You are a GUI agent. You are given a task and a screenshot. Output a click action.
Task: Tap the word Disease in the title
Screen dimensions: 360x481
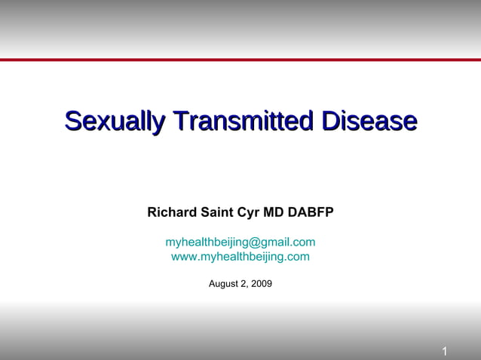369,121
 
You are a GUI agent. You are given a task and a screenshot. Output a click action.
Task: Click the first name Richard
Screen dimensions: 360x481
172,212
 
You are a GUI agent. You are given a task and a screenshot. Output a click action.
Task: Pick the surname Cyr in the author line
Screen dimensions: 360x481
249,212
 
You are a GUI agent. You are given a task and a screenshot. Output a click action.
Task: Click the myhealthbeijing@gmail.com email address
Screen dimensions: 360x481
240,242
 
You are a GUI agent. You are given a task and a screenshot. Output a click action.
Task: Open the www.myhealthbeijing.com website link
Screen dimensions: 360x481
240,257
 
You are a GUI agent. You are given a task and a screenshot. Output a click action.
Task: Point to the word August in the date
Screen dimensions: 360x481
224,284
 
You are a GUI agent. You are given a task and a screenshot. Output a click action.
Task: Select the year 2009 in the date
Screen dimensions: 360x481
261,284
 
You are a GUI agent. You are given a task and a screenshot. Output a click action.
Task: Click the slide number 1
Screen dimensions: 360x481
445,352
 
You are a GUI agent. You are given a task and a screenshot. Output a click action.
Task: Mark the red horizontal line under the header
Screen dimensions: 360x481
240,59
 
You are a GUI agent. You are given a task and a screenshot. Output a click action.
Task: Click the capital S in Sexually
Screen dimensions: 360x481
74,121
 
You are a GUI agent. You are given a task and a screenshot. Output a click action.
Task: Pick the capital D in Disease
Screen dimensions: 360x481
331,121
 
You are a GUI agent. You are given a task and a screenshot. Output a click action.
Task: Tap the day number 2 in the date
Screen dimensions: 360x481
244,284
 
